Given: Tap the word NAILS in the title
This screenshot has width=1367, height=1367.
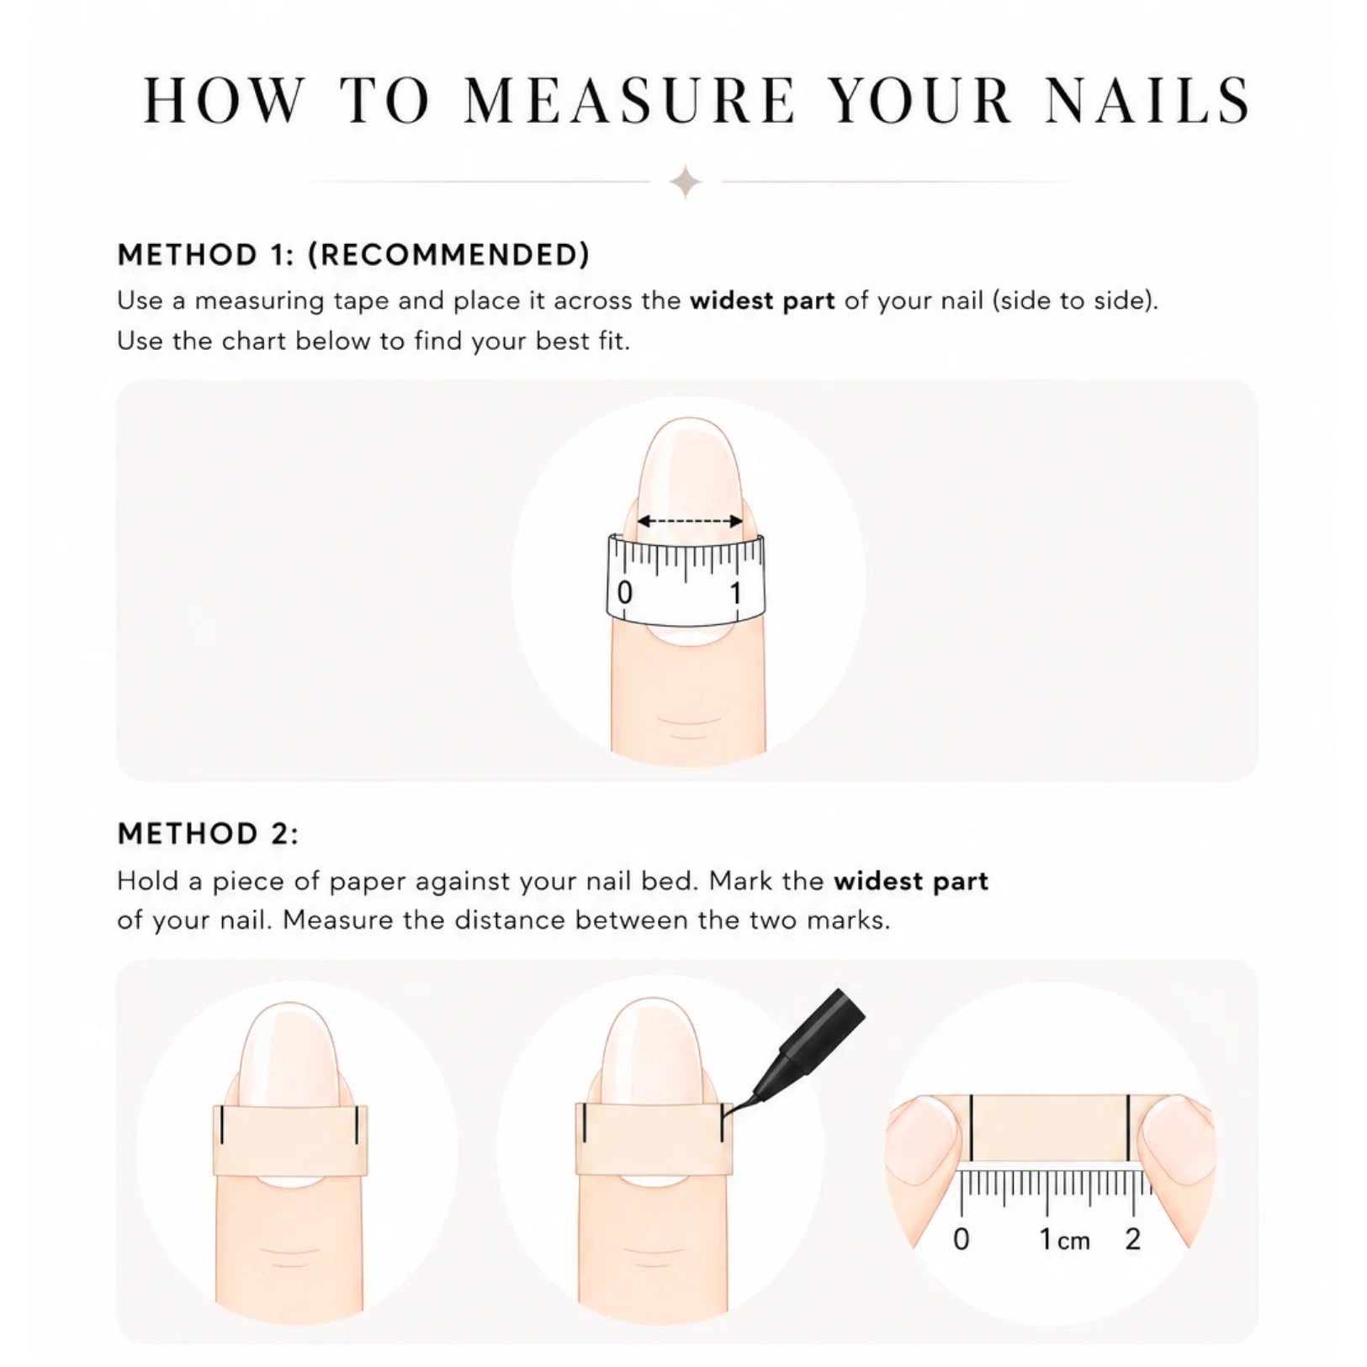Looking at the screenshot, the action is (x=1147, y=100).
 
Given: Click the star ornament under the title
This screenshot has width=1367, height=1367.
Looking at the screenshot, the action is (x=686, y=182).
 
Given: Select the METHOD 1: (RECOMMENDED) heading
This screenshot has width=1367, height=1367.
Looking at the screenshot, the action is (x=353, y=255).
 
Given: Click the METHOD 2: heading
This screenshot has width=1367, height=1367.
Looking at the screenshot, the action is (x=208, y=834).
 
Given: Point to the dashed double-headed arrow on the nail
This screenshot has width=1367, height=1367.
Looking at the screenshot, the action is (x=689, y=522).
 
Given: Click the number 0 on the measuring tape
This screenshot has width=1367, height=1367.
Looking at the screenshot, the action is (x=624, y=593).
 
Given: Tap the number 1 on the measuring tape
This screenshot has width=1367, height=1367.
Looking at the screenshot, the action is (x=735, y=593).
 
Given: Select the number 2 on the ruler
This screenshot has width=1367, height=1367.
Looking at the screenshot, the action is (x=1133, y=1239).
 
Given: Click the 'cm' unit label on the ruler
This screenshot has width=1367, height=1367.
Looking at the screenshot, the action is (x=1073, y=1242).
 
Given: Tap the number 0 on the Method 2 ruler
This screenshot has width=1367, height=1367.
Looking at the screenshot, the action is (x=962, y=1239).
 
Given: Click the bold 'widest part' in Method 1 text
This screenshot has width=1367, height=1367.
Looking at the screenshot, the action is (x=762, y=300).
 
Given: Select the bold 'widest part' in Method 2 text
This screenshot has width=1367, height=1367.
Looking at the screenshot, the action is (x=911, y=882).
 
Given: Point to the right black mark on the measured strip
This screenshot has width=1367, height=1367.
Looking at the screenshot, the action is (x=1128, y=1127).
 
